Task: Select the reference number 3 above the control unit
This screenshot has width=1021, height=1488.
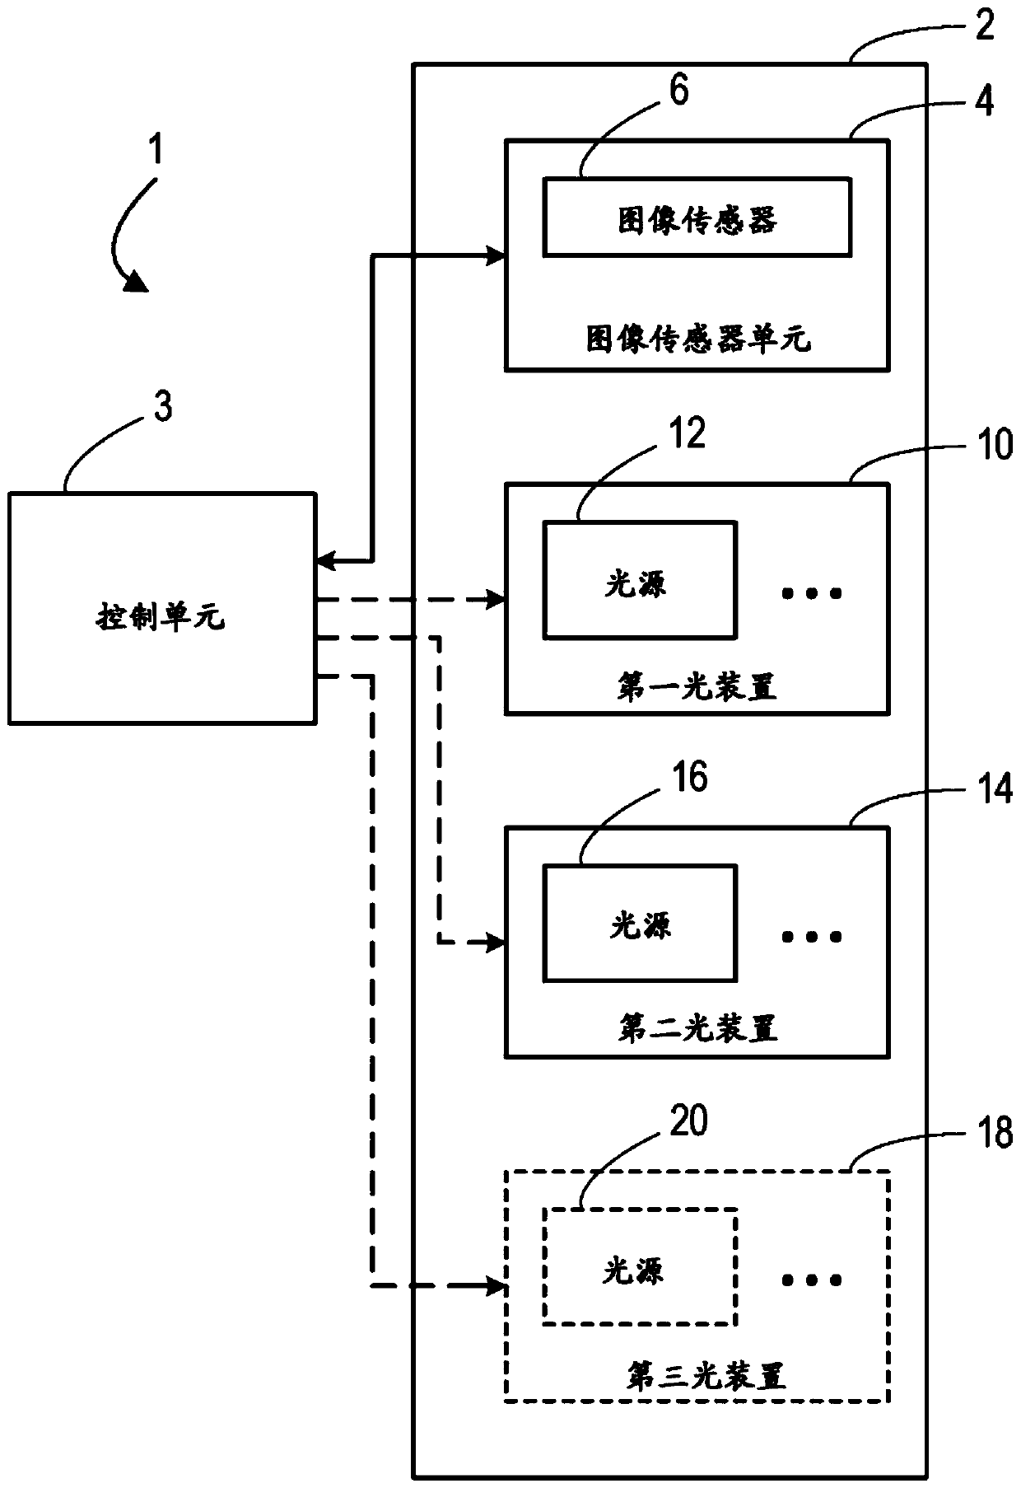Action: pos(164,407)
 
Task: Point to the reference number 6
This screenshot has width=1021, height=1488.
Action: pos(678,91)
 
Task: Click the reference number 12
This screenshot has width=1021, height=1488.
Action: pos(687,433)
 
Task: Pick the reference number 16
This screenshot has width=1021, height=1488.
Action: pos(688,777)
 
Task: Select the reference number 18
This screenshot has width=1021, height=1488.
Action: pos(994,1134)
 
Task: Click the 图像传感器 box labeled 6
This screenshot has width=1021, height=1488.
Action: pos(697,217)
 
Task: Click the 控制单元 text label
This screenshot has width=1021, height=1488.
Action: pos(161,616)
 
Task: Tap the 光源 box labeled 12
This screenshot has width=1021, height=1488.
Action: pos(639,579)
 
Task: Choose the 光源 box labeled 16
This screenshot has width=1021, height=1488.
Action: pos(639,923)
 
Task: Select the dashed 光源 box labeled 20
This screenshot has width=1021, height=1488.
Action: pos(639,1266)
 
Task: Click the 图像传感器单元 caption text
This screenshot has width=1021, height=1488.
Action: pos(698,339)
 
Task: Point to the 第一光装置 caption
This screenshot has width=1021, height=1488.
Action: pos(697,686)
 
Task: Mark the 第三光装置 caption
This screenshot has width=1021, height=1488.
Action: pos(706,1376)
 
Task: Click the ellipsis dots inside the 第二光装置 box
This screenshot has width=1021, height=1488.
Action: pos(812,936)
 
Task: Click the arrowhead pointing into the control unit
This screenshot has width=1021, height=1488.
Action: pos(327,562)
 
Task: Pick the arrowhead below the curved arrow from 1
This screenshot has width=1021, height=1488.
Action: pos(136,283)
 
